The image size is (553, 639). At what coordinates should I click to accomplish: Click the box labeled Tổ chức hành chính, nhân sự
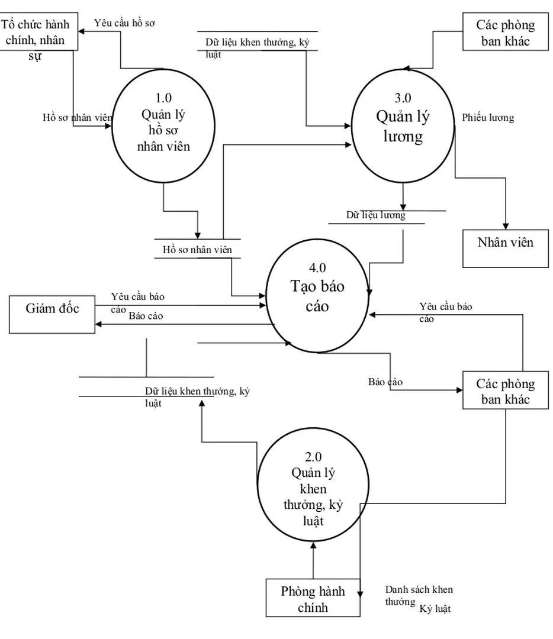click(39, 33)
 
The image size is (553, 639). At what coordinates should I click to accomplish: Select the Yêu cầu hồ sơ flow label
click(124, 24)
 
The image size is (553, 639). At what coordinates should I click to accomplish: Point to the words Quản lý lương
click(403, 126)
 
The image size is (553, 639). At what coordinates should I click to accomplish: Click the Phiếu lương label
click(488, 118)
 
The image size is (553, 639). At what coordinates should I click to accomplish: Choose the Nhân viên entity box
click(505, 242)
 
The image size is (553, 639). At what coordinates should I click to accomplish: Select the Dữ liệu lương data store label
click(376, 215)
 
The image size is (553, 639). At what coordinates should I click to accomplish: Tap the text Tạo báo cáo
click(317, 296)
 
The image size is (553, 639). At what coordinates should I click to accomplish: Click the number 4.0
click(317, 268)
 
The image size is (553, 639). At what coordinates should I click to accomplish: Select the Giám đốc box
click(52, 308)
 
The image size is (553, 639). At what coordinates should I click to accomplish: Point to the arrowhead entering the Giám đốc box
click(99, 324)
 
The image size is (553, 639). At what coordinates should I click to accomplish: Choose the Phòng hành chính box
click(313, 599)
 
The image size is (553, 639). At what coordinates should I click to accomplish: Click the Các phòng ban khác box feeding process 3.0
click(505, 33)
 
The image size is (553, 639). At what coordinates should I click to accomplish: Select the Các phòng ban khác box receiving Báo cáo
click(505, 391)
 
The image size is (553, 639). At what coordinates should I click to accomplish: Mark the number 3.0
click(403, 98)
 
